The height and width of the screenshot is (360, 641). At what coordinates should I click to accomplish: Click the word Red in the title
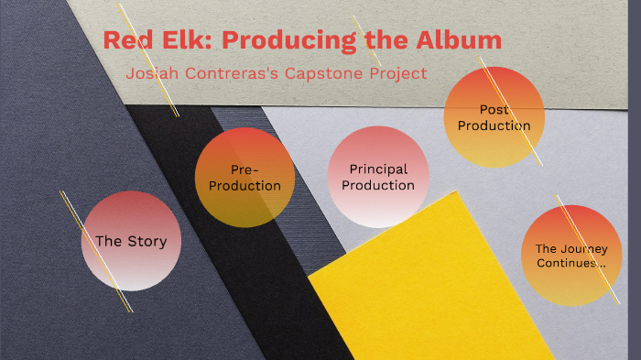(x=125, y=41)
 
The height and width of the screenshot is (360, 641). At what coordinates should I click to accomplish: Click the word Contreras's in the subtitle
(x=235, y=73)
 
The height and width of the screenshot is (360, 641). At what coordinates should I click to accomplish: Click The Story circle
(x=131, y=241)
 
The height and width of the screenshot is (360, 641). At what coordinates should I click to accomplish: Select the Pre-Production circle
(x=244, y=177)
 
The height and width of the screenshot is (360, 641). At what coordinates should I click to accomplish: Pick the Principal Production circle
(x=378, y=176)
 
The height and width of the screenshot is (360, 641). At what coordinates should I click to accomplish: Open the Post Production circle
(x=494, y=117)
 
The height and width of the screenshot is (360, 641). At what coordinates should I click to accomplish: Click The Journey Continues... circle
(x=571, y=256)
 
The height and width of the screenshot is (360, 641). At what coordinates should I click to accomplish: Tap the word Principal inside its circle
(x=378, y=169)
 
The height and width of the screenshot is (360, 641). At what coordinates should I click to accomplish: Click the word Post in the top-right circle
(x=494, y=110)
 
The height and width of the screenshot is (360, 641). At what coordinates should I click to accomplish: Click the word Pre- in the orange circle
(x=244, y=169)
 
